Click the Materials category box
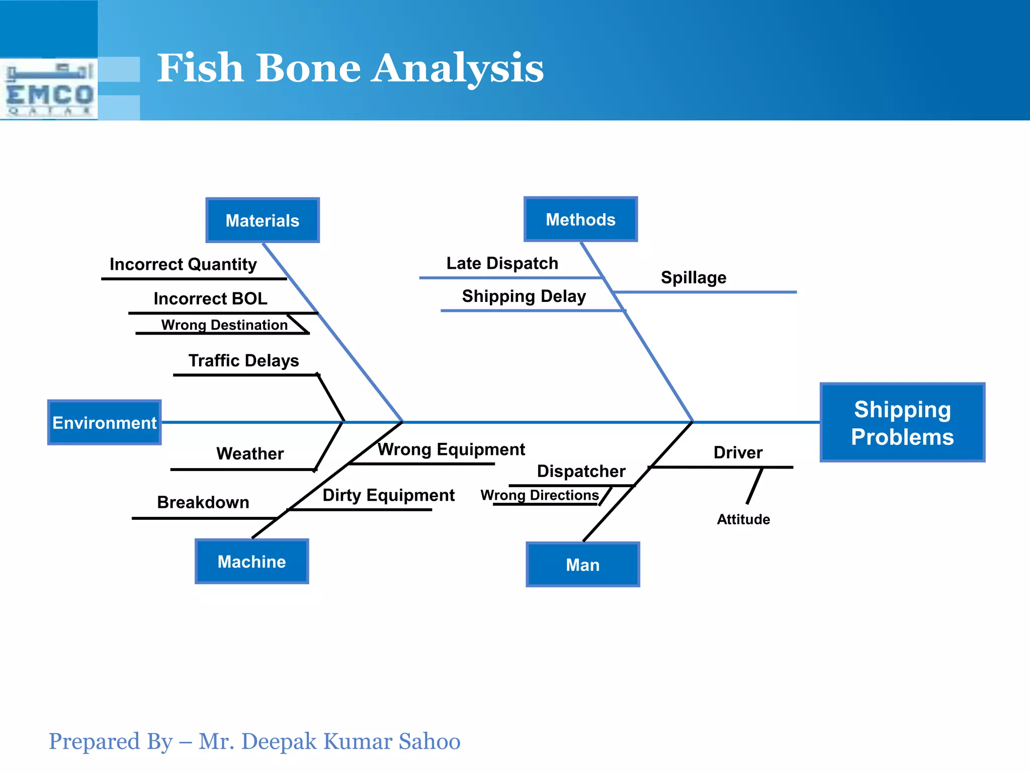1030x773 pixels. click(263, 220)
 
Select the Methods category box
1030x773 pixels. click(580, 219)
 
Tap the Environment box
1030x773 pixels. click(105, 423)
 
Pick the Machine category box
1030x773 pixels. click(251, 562)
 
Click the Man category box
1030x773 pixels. click(582, 565)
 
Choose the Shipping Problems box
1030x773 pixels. click(902, 423)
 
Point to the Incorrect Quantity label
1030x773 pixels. click(183, 264)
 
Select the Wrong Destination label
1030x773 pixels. click(224, 325)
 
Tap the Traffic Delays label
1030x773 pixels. click(243, 361)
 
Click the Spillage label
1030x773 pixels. click(694, 277)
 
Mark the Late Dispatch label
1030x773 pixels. click(502, 263)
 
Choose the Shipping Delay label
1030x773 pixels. click(524, 296)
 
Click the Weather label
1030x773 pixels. click(250, 453)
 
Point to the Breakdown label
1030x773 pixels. click(203, 502)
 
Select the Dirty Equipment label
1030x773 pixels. click(388, 495)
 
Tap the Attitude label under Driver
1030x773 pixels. click(743, 519)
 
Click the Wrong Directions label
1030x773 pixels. click(540, 495)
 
